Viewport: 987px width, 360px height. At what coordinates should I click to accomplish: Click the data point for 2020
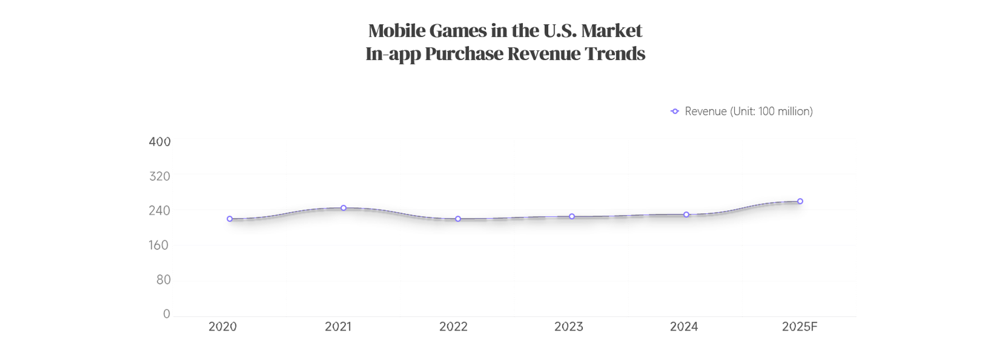click(230, 219)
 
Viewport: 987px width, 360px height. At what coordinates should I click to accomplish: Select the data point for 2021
click(343, 208)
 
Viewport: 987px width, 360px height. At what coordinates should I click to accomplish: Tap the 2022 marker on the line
click(458, 219)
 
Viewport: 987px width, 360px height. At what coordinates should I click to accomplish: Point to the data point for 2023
click(572, 217)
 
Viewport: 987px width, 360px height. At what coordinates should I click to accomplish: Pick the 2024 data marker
click(686, 214)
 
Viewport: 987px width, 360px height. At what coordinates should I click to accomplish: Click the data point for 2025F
click(800, 202)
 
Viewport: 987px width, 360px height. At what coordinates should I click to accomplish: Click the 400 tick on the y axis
click(159, 142)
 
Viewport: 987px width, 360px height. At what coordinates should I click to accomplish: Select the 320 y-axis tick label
click(159, 176)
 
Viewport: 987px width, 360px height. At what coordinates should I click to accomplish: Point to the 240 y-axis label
click(159, 210)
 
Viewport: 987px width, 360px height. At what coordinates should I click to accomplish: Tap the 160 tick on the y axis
click(159, 245)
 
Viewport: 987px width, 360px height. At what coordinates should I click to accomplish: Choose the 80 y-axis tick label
click(163, 280)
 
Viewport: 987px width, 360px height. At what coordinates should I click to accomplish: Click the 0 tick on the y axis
click(167, 314)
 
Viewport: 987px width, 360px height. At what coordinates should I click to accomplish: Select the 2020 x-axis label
click(223, 327)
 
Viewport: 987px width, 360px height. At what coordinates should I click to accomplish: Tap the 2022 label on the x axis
click(453, 327)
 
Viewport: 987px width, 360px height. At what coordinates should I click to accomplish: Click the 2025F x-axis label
click(799, 327)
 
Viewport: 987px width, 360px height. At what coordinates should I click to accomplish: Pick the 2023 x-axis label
click(569, 327)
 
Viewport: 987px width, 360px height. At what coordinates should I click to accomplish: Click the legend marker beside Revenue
click(675, 112)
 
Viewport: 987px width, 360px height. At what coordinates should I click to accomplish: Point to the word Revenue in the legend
click(705, 112)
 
